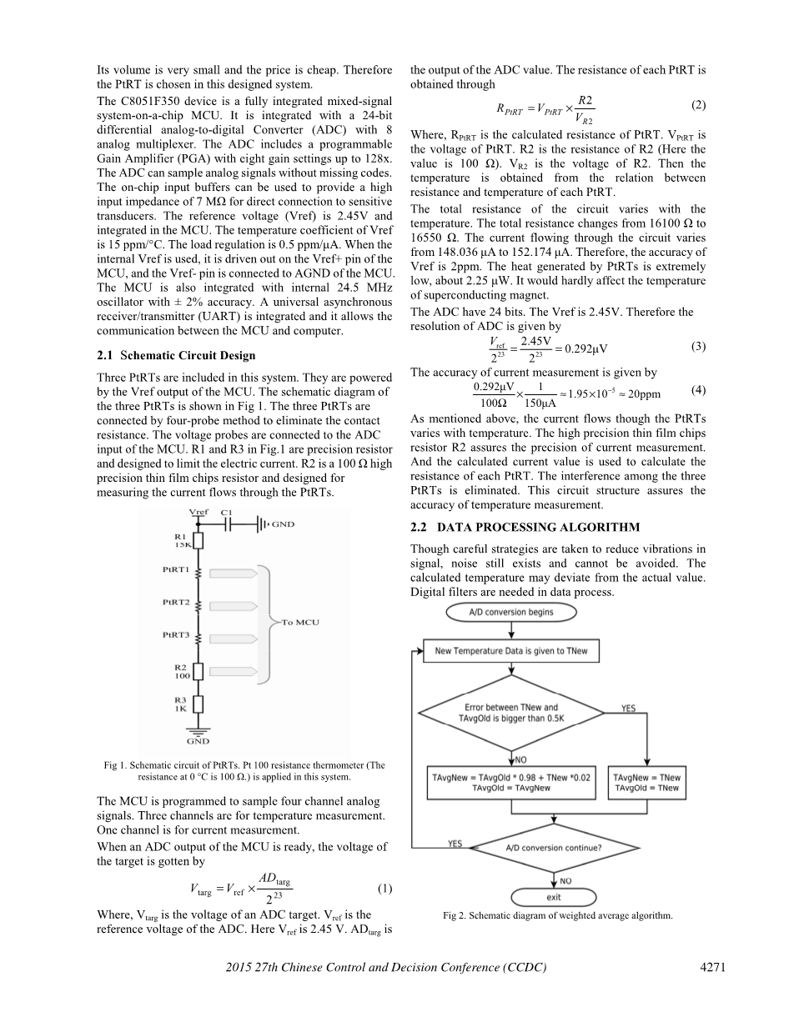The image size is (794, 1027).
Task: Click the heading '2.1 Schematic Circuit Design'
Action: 177,356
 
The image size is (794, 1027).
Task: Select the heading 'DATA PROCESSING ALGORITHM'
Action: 525,527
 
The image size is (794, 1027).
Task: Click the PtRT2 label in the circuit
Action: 176,602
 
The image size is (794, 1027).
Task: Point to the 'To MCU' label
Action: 300,622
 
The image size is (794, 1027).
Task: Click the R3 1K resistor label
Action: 180,704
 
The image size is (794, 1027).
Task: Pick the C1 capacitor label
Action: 228,512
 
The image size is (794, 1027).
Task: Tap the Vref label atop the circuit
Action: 198,512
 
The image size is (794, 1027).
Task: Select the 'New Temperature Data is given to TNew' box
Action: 511,651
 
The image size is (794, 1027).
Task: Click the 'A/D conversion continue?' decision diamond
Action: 554,849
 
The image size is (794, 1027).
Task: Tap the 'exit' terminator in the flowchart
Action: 553,898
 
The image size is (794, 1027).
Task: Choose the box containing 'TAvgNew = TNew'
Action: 646,783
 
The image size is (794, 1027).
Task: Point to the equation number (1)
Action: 384,889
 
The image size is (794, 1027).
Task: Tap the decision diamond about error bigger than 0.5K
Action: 511,713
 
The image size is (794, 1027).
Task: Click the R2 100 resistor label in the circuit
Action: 181,671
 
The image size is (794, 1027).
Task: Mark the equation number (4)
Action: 698,389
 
